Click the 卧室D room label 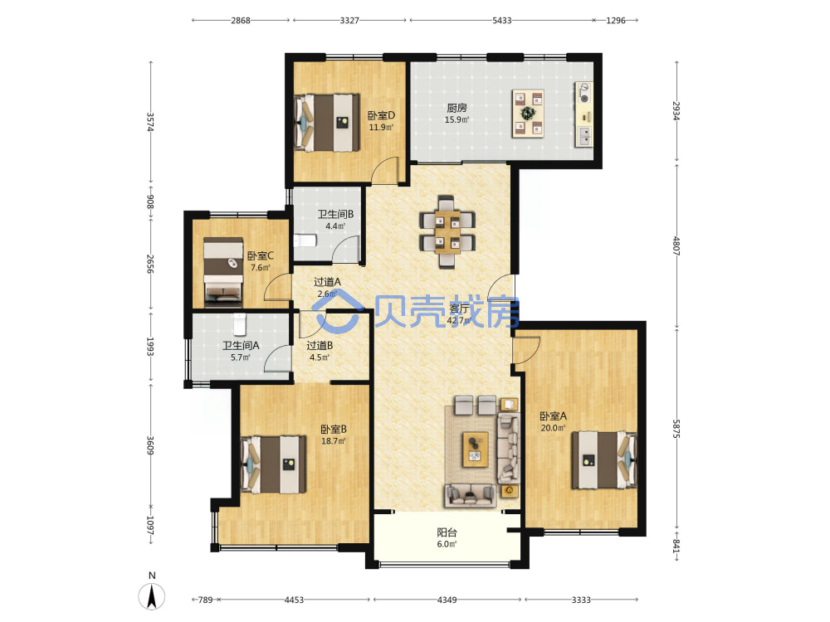point(381,115)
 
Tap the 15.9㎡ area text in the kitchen point(456,120)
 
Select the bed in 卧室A point(604,459)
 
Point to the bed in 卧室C point(223,272)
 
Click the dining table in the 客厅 point(447,231)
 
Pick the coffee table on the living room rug point(476,449)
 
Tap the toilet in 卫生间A point(240,324)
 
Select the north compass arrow point(152,596)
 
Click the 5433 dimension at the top point(502,20)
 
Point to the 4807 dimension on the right point(676,245)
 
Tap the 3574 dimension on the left point(150,122)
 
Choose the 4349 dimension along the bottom point(447,600)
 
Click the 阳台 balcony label point(447,532)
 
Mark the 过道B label point(320,346)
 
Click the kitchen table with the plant point(528,113)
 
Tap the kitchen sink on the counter point(584,136)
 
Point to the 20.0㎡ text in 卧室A point(553,429)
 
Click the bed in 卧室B point(274,464)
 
